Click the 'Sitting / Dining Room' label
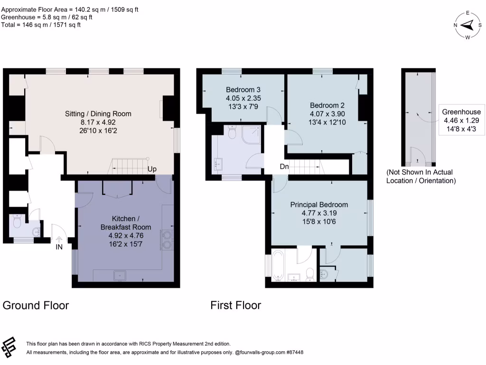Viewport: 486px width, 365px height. (x=98, y=114)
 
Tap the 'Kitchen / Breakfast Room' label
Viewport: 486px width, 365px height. (x=125, y=222)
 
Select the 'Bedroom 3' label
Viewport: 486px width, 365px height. (x=243, y=89)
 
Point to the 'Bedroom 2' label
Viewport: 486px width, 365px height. (x=327, y=106)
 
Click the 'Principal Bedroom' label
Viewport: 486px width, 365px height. (x=319, y=205)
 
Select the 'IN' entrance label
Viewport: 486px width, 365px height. (x=59, y=247)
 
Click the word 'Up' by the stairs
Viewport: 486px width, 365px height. (x=152, y=169)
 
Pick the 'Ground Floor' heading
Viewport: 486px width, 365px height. (x=36, y=305)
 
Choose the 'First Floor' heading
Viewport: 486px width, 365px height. (x=236, y=305)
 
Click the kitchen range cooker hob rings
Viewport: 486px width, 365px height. (x=168, y=240)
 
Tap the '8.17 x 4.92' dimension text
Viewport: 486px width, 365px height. (x=98, y=122)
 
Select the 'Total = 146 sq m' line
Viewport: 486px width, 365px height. (x=41, y=25)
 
